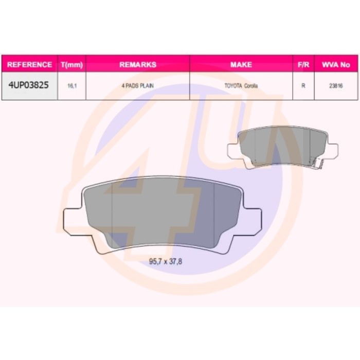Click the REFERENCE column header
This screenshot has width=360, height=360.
(x=29, y=65)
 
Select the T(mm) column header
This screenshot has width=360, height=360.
(x=72, y=65)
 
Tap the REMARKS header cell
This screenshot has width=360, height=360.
(x=138, y=65)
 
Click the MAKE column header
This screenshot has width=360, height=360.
(x=241, y=65)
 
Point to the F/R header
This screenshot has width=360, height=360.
(x=303, y=65)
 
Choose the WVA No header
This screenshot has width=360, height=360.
(x=336, y=65)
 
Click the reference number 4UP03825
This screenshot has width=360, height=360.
(x=28, y=85)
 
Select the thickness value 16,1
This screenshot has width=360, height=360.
(x=72, y=86)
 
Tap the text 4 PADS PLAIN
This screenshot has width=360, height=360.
(x=138, y=86)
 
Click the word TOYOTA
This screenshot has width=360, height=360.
(x=233, y=86)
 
